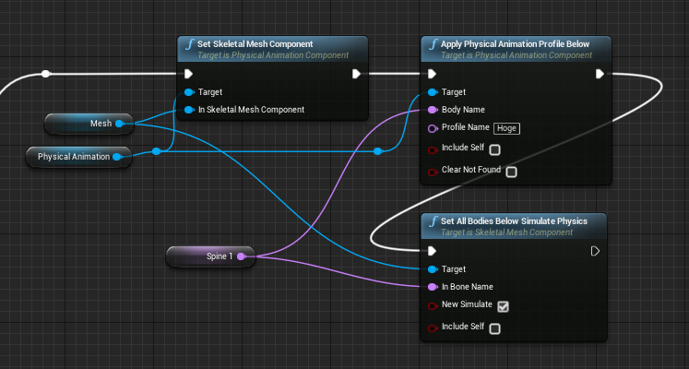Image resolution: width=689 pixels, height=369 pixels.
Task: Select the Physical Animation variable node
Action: click(74, 157)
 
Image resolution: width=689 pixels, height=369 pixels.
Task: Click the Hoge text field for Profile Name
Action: click(506, 128)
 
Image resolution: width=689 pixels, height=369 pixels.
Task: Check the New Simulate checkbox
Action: click(503, 306)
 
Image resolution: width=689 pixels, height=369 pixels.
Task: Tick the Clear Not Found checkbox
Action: click(511, 172)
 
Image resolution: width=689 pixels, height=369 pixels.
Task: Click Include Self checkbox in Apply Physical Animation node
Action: click(494, 149)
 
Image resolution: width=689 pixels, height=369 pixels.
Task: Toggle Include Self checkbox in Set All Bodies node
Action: click(494, 328)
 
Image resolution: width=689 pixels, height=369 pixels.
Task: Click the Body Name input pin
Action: click(432, 110)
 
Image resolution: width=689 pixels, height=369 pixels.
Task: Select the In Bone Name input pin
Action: click(432, 287)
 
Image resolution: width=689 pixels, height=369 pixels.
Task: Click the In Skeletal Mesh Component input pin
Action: click(188, 110)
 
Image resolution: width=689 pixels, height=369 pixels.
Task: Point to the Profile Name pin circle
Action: click(432, 128)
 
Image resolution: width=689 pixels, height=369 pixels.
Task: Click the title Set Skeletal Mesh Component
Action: click(256, 44)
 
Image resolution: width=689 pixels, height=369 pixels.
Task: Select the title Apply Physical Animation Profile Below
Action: click(515, 44)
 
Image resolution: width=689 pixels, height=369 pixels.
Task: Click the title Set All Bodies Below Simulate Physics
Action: click(514, 221)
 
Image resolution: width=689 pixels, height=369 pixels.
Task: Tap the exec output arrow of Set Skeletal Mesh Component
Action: click(356, 74)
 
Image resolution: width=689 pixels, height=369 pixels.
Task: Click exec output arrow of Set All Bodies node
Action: click(596, 251)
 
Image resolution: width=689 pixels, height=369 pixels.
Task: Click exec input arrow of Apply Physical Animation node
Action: click(432, 74)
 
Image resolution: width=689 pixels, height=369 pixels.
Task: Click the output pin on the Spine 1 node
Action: click(242, 256)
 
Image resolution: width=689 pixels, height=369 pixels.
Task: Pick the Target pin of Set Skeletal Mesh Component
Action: click(188, 92)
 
